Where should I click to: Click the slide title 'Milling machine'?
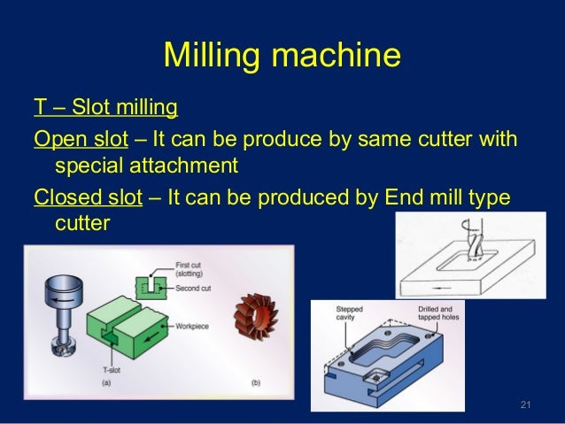[282, 58]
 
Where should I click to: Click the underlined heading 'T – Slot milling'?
[105, 110]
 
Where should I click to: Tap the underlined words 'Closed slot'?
[88, 197]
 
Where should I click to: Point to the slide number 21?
[524, 405]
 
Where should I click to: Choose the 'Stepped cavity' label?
[348, 312]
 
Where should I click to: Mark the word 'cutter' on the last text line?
[82, 222]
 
